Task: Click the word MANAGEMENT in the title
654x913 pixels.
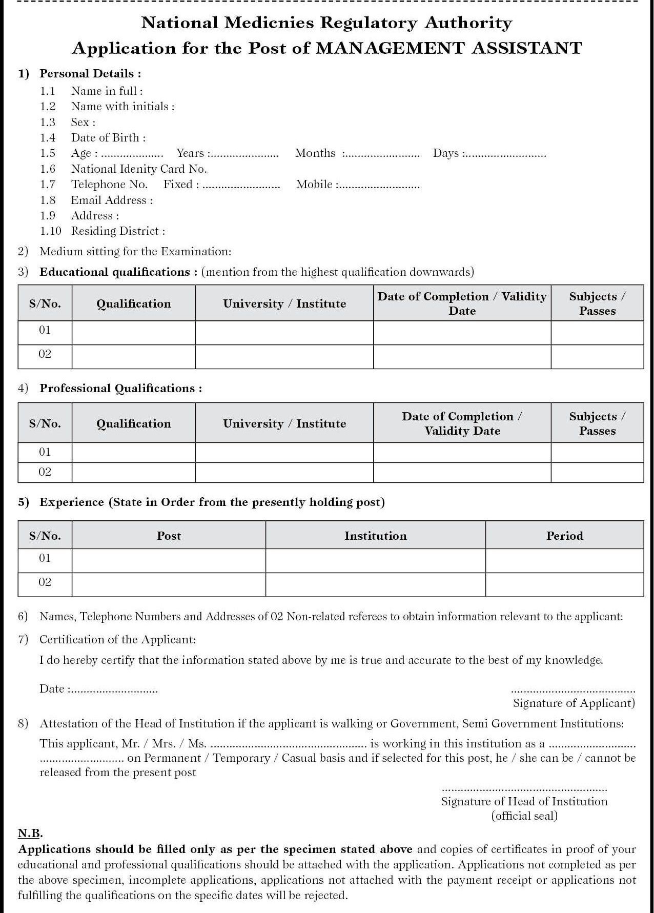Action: [390, 48]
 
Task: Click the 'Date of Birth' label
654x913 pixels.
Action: [108, 138]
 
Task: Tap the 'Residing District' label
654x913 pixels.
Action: [118, 231]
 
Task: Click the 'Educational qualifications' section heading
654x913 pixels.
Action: [118, 272]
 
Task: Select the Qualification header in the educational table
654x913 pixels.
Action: [134, 304]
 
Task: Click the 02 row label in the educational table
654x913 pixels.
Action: [45, 354]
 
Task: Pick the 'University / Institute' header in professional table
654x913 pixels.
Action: [284, 424]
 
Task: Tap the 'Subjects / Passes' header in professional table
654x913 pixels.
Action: [597, 424]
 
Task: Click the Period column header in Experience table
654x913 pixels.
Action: [564, 536]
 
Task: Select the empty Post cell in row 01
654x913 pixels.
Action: [169, 560]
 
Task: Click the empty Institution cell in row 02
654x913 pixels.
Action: [375, 584]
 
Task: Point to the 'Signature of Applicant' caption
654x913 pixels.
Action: [574, 703]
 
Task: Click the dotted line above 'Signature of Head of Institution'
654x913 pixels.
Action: [524, 789]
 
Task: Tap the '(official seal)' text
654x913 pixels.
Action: [524, 816]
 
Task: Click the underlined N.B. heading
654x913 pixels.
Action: [30, 833]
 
